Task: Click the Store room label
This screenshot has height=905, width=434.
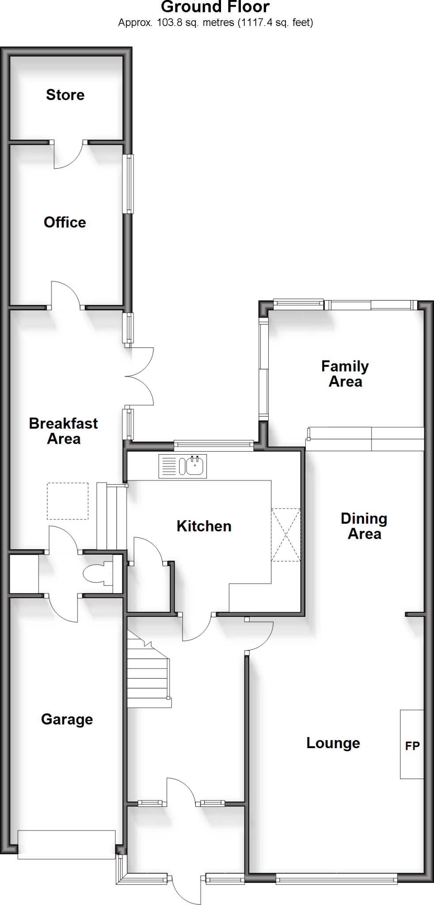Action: click(65, 95)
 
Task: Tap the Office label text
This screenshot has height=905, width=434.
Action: click(65, 222)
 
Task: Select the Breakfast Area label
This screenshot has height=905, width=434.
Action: click(63, 431)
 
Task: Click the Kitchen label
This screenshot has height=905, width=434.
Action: click(204, 526)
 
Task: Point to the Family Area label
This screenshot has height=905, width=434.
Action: click(345, 373)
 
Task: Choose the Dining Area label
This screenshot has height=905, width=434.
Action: click(364, 526)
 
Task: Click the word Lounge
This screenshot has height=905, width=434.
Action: click(333, 743)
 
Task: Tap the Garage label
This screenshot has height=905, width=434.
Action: click(67, 719)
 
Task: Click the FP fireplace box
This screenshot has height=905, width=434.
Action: click(412, 745)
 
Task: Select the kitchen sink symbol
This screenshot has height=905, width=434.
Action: click(183, 466)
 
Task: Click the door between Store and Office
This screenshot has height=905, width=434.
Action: click(69, 155)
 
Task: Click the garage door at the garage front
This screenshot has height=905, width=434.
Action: click(67, 844)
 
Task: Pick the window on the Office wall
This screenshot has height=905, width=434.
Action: click(128, 183)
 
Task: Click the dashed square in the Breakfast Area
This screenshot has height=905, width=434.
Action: click(68, 501)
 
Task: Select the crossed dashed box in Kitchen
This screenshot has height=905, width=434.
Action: click(286, 535)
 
